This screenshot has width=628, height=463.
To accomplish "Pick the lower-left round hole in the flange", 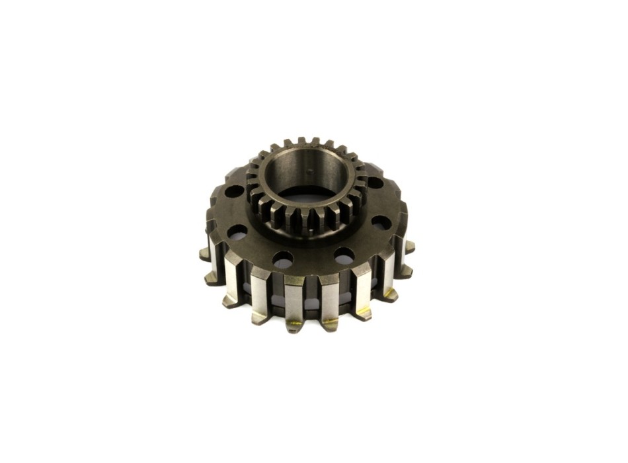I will coord(237,232).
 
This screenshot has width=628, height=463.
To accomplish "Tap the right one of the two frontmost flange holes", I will coord(344,255).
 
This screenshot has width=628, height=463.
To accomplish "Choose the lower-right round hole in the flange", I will coord(381,222).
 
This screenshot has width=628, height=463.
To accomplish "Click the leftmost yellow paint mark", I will coord(295,323).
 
